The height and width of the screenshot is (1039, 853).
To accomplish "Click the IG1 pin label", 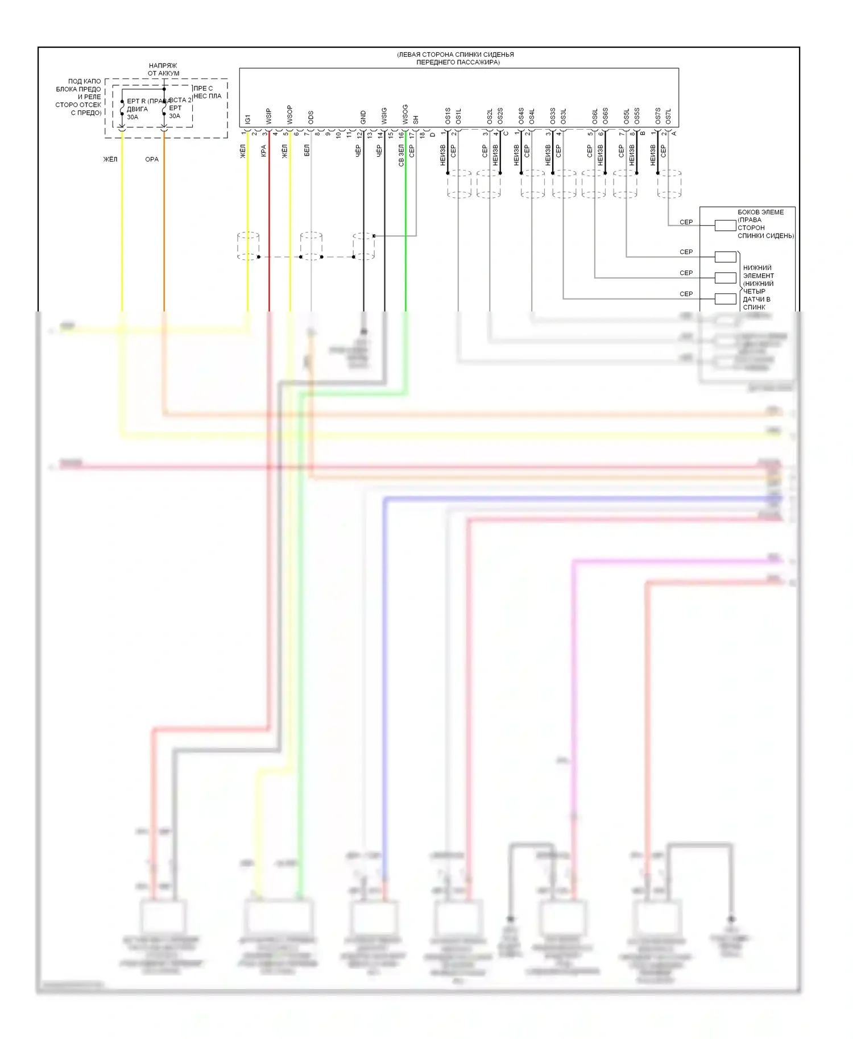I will point(248,119).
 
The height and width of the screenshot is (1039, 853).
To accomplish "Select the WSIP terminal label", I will point(269,117).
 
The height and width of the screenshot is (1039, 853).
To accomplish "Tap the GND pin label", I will point(363,118).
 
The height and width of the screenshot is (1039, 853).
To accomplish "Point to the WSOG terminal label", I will point(405,114).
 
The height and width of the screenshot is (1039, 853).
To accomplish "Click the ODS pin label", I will point(310,118).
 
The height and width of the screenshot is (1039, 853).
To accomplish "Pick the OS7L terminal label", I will point(668,117).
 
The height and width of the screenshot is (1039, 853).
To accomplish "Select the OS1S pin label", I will point(448,117).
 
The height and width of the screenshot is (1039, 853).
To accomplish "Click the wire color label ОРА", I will point(152,159).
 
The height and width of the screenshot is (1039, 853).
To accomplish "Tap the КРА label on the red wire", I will point(264,151).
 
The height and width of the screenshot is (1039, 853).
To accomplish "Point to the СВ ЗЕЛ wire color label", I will point(401,155).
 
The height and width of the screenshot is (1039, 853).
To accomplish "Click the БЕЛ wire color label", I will point(307,151).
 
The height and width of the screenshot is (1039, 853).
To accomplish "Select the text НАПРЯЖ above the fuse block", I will point(163,66).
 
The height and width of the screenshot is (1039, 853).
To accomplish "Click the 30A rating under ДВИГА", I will point(132,117).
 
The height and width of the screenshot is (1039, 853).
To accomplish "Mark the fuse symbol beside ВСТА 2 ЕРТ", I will point(164,107).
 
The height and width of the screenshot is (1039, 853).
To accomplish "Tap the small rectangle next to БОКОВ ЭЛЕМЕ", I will point(725,226).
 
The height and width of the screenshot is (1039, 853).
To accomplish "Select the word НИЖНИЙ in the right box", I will point(757,268).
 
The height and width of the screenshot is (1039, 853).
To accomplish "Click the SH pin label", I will point(416,120).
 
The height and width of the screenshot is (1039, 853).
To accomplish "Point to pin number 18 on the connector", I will point(422,135).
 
